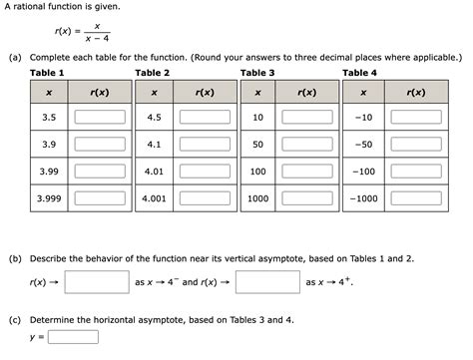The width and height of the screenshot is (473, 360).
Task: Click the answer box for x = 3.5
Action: [100, 117]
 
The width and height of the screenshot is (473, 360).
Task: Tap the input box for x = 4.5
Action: [205, 117]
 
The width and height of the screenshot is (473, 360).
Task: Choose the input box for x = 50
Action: [307, 144]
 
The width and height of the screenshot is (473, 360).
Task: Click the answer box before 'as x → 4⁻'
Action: [98, 281]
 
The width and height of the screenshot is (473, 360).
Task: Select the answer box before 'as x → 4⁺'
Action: [268, 281]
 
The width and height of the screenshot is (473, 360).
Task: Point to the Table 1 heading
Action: [47, 73]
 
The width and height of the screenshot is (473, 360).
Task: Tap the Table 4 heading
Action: [360, 73]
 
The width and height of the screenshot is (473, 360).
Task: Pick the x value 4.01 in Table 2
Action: [154, 171]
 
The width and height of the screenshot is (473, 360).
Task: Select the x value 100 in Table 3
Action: [257, 171]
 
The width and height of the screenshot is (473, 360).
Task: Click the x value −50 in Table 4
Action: [364, 144]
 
